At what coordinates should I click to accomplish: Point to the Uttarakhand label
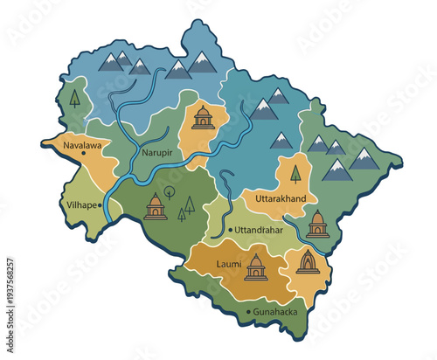[x=281, y=199]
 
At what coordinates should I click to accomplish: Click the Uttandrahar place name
[x=261, y=231]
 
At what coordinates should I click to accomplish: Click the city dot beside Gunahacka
[x=250, y=311]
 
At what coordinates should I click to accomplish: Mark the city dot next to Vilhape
[x=101, y=205]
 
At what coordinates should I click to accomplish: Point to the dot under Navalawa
[x=83, y=152]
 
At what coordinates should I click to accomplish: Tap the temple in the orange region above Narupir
[x=203, y=117]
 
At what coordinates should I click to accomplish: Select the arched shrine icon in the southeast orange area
[x=308, y=260]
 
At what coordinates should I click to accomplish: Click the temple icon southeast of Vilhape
[x=156, y=207]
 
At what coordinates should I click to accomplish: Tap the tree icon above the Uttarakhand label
[x=295, y=174]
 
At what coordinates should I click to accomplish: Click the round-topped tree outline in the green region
[x=170, y=191]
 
